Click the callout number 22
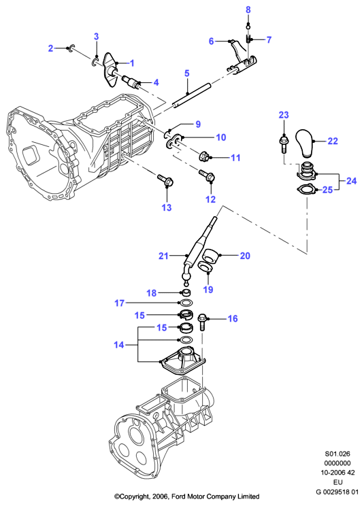pyautogui.click(x=333, y=141)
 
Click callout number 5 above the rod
pyautogui.click(x=187, y=73)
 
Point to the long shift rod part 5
pyautogui.click(x=191, y=97)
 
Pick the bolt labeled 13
pyautogui.click(x=165, y=182)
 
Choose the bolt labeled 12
pyautogui.click(x=207, y=177)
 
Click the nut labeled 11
pyautogui.click(x=204, y=157)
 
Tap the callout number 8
pyautogui.click(x=248, y=10)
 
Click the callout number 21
pyautogui.click(x=163, y=256)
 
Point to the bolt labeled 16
pyautogui.click(x=203, y=322)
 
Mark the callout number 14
pyautogui.click(x=119, y=345)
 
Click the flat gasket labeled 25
pyautogui.click(x=305, y=190)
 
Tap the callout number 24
pyautogui.click(x=352, y=181)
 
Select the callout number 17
pyautogui.click(x=119, y=303)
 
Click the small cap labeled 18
pyautogui.click(x=185, y=293)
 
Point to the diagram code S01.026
pyautogui.click(x=337, y=454)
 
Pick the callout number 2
pyautogui.click(x=50, y=48)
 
